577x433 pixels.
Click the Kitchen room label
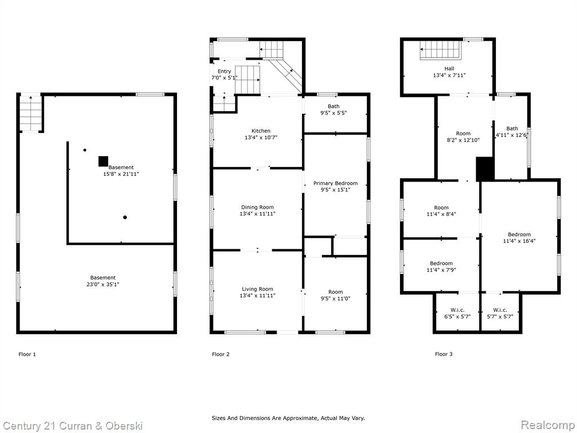coord(261,131)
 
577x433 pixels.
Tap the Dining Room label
coord(258,207)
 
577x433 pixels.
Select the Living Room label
coord(258,289)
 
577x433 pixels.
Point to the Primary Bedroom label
coord(335,183)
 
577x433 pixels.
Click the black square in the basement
coord(104,161)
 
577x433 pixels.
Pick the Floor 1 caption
coord(27,354)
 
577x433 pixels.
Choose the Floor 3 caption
coord(444,354)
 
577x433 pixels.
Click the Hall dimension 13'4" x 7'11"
coord(449,75)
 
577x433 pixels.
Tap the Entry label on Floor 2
coord(224,72)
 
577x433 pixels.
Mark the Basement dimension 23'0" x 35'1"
coord(100,284)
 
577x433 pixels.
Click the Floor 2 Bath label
coord(334,107)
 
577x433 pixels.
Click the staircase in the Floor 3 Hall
coord(441,50)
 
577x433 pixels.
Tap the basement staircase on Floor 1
coord(30,113)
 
